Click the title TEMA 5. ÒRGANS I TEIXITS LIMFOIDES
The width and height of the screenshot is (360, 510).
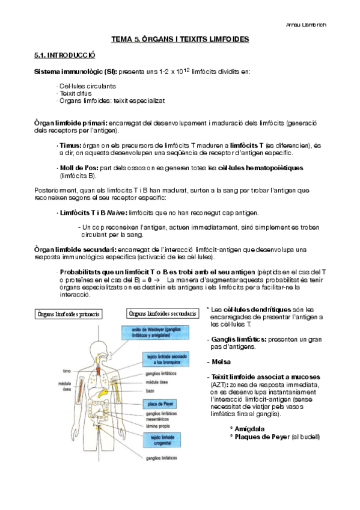point(180,39)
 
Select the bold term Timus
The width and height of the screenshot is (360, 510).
point(70,146)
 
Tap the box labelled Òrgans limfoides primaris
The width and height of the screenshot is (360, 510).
point(68,314)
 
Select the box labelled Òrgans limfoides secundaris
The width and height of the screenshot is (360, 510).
point(162,314)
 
